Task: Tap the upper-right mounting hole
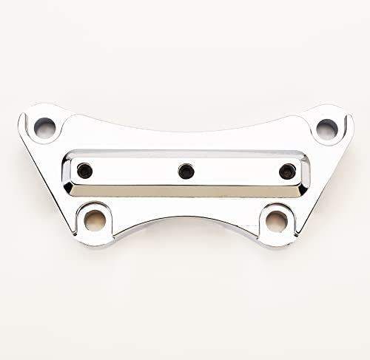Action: tap(326, 129)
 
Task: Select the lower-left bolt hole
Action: tap(95, 219)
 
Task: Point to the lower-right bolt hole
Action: tap(277, 220)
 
